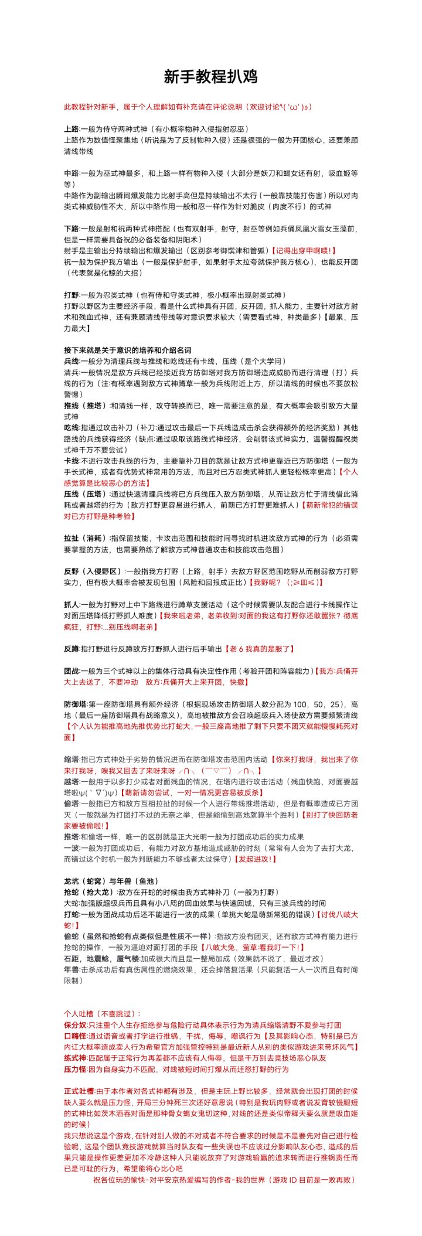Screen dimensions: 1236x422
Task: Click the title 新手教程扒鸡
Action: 210,77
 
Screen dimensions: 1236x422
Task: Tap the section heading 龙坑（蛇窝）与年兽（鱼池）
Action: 111,881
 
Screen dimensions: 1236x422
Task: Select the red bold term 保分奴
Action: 74,1025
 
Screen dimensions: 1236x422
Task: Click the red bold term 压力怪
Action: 74,1069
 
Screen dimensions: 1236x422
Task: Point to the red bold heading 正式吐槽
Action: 79,1091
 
